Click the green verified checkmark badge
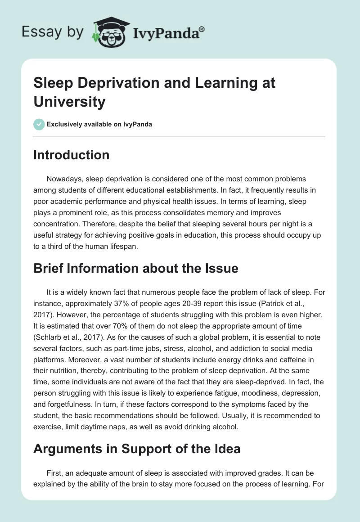pyautogui.click(x=39, y=124)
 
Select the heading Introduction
pyautogui.click(x=72, y=155)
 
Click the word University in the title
pyautogui.click(x=69, y=101)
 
